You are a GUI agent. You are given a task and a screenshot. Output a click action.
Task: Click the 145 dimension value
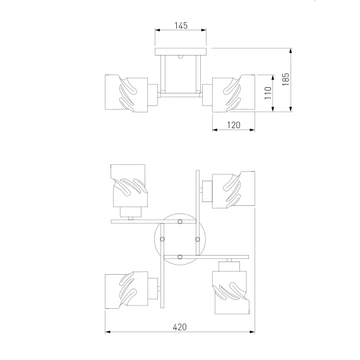tap(181, 25)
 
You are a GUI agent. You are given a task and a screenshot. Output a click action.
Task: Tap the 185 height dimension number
tap(285, 80)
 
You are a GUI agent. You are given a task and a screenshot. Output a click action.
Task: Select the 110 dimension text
tap(268, 93)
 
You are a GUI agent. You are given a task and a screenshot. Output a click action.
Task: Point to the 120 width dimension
tap(234, 125)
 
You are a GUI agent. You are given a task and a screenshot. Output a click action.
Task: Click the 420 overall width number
tap(179, 327)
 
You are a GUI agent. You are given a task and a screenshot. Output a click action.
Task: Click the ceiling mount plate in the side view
tap(181, 52)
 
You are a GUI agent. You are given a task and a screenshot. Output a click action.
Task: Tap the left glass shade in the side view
tap(126, 93)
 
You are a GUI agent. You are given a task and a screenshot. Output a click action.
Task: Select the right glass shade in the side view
tap(234, 93)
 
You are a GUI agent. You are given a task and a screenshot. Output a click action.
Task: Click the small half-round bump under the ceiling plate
tap(181, 57)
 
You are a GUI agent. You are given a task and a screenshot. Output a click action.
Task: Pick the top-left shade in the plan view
tap(129, 186)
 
